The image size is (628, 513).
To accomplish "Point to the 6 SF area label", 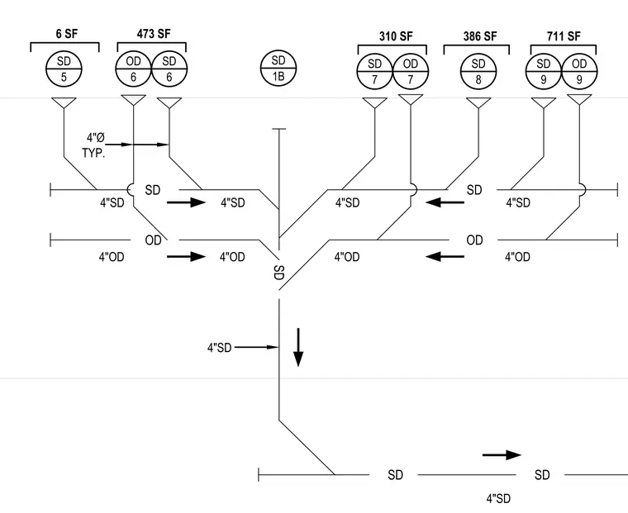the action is [66, 34].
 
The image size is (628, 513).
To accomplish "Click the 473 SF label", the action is [154, 34].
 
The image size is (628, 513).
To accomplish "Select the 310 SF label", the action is [396, 36].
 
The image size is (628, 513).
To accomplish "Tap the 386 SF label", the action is [480, 36].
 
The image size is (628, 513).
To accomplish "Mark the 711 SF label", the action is [564, 36].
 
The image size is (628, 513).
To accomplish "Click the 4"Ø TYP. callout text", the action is [94, 145].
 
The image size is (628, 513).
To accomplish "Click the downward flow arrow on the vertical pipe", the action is [298, 347].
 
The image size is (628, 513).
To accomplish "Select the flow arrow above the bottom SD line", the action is [502, 455].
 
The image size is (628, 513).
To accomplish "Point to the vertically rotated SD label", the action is [279, 273].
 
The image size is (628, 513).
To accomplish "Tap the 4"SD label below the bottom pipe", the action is [498, 499].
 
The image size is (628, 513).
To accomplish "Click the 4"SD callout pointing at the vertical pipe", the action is [220, 348].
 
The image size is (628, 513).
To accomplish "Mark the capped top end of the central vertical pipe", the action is [278, 129].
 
